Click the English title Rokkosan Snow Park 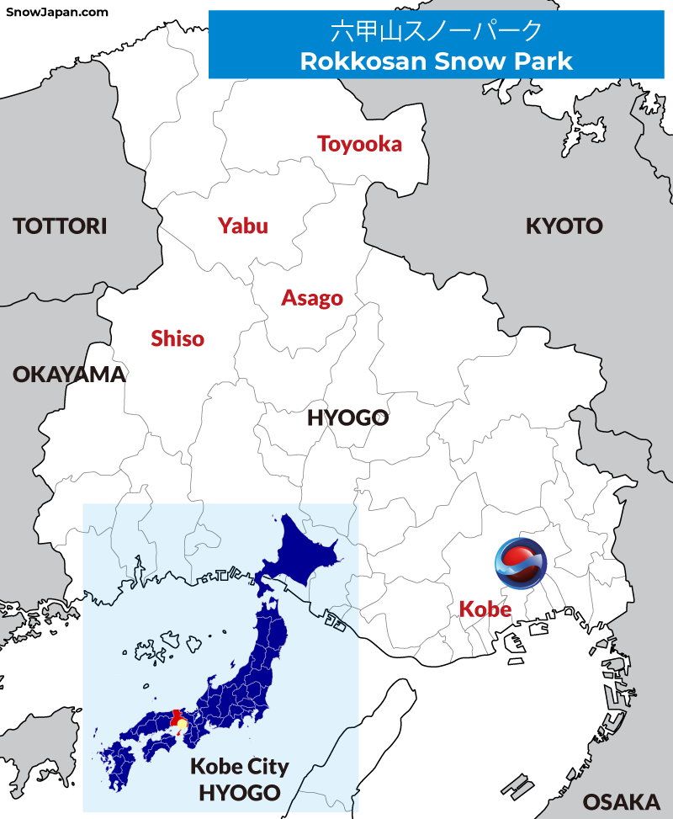pos(436,61)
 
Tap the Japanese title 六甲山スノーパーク pos(436,31)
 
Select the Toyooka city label pos(359,144)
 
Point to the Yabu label pos(242,226)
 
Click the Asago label pos(312,298)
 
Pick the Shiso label pos(178,338)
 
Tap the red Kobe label pos(485,609)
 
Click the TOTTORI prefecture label pos(60,226)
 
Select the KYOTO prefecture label pos(564,226)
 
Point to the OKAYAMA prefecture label pos(69,375)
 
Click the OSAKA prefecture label pos(621,800)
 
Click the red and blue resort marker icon pos(520,562)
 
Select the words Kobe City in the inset pos(239,767)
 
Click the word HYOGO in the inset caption pos(239,792)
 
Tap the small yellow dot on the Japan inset pos(182,725)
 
